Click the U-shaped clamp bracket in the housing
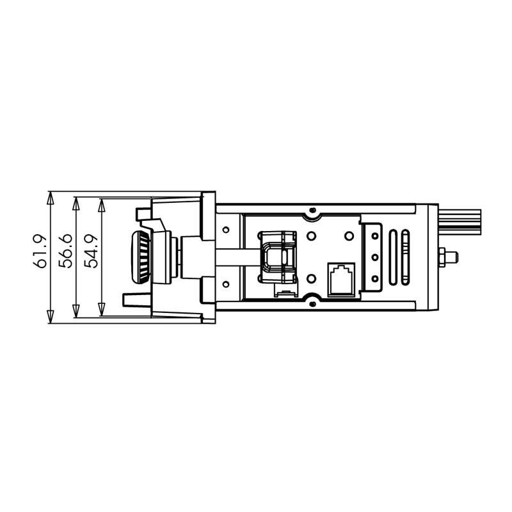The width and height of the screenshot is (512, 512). coord(276,256)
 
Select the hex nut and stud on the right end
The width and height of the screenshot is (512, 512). coord(447,257)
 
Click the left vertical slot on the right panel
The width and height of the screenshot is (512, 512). coord(391,257)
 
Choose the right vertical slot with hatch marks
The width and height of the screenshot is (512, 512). coord(406,257)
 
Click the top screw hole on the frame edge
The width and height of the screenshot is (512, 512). coord(312,211)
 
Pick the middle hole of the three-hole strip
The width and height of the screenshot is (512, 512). coord(374,257)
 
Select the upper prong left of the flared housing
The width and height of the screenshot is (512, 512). coord(143,212)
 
